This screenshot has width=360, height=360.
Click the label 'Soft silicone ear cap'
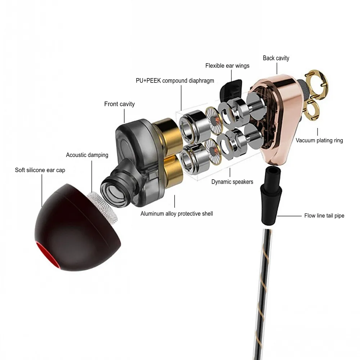point(40,170)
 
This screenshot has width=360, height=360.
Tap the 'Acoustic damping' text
point(87,155)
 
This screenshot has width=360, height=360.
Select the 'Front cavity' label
point(119,104)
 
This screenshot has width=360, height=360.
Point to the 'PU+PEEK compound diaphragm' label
point(175,81)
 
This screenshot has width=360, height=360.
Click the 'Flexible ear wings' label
point(227,66)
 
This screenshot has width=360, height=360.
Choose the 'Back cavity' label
point(276,58)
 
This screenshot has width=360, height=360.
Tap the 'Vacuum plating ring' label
point(319,140)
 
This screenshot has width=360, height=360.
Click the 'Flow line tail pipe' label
point(324,216)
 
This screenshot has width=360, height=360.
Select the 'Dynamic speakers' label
point(232,182)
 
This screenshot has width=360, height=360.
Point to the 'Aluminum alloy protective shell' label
point(176,214)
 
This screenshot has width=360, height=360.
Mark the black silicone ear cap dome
point(68,230)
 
